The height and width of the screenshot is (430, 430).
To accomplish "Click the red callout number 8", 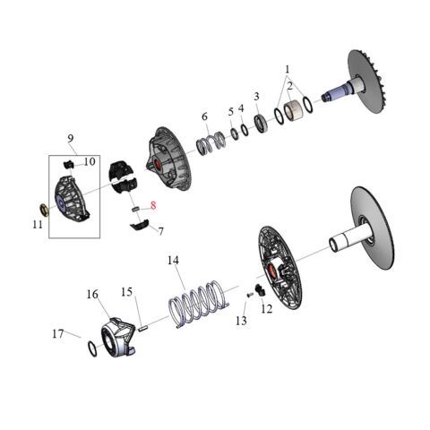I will pyautogui.click(x=153, y=205).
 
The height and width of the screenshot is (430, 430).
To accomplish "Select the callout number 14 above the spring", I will pyautogui.click(x=174, y=260).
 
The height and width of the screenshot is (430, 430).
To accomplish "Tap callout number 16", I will pyautogui.click(x=91, y=294).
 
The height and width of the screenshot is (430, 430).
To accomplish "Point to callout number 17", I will pyautogui.click(x=56, y=333).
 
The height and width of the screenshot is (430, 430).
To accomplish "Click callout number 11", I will pyautogui.click(x=37, y=224).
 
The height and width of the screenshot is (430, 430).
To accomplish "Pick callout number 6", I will pyautogui.click(x=203, y=116).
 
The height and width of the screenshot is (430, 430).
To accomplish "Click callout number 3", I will pyautogui.click(x=256, y=97).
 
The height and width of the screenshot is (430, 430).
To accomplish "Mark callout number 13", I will pyautogui.click(x=241, y=320).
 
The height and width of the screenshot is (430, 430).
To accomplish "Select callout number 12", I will pyautogui.click(x=267, y=309).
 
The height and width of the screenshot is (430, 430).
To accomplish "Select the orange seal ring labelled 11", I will pyautogui.click(x=41, y=210).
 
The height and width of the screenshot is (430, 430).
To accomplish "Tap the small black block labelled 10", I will pyautogui.click(x=67, y=164).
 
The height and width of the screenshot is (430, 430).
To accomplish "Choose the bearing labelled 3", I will pyautogui.click(x=261, y=123).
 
